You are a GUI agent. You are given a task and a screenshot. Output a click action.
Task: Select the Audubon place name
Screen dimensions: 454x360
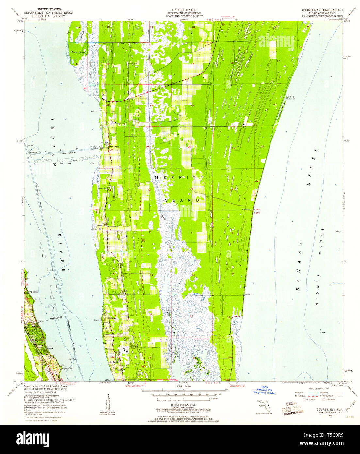[246, 209]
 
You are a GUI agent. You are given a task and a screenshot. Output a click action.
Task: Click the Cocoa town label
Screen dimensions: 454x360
[50, 348]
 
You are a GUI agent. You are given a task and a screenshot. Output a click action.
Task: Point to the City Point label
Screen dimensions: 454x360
[33, 291]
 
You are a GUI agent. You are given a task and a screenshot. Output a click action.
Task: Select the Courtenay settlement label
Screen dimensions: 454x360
[115, 146]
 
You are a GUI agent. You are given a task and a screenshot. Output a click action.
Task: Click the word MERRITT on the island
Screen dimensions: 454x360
[179, 177]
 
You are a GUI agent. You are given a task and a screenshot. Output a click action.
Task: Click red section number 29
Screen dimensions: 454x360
[263, 147]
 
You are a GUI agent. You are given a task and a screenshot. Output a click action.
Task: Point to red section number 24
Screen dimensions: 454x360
[192, 105]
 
